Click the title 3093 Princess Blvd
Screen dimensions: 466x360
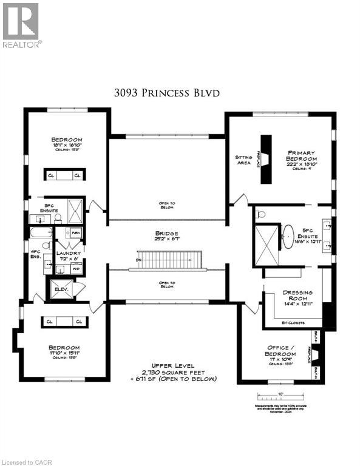click(166, 93)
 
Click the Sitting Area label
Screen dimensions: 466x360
click(243, 160)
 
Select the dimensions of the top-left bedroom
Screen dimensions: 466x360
click(66, 146)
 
